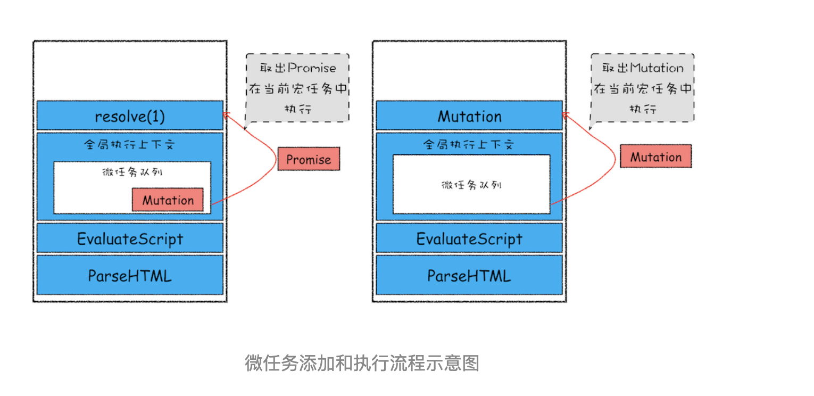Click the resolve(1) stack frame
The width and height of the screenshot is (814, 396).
click(x=130, y=115)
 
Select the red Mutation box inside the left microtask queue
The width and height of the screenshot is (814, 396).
click(x=168, y=200)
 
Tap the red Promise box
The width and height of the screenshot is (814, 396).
click(x=309, y=159)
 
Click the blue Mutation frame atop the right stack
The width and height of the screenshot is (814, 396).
click(x=469, y=115)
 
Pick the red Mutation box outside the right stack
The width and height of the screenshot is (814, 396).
click(x=656, y=156)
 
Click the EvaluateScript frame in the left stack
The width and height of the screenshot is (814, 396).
click(x=130, y=238)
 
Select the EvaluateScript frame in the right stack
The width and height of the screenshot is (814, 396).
click(x=469, y=238)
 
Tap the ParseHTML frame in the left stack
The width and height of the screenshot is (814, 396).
click(x=130, y=275)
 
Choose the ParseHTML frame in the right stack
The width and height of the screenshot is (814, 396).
click(x=469, y=275)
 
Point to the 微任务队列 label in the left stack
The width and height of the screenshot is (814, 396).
click(x=132, y=171)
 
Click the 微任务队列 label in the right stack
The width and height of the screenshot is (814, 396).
click(x=471, y=185)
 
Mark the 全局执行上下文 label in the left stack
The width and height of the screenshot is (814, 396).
click(x=130, y=145)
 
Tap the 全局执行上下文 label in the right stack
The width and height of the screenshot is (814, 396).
click(x=469, y=145)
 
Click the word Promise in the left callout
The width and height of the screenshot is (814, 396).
click(x=312, y=68)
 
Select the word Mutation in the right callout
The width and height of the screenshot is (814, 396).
click(x=657, y=68)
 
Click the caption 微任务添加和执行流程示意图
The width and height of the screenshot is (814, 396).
click(x=362, y=363)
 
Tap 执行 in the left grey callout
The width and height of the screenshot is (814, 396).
click(x=298, y=109)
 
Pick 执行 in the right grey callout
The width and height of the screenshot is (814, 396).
click(x=643, y=109)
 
